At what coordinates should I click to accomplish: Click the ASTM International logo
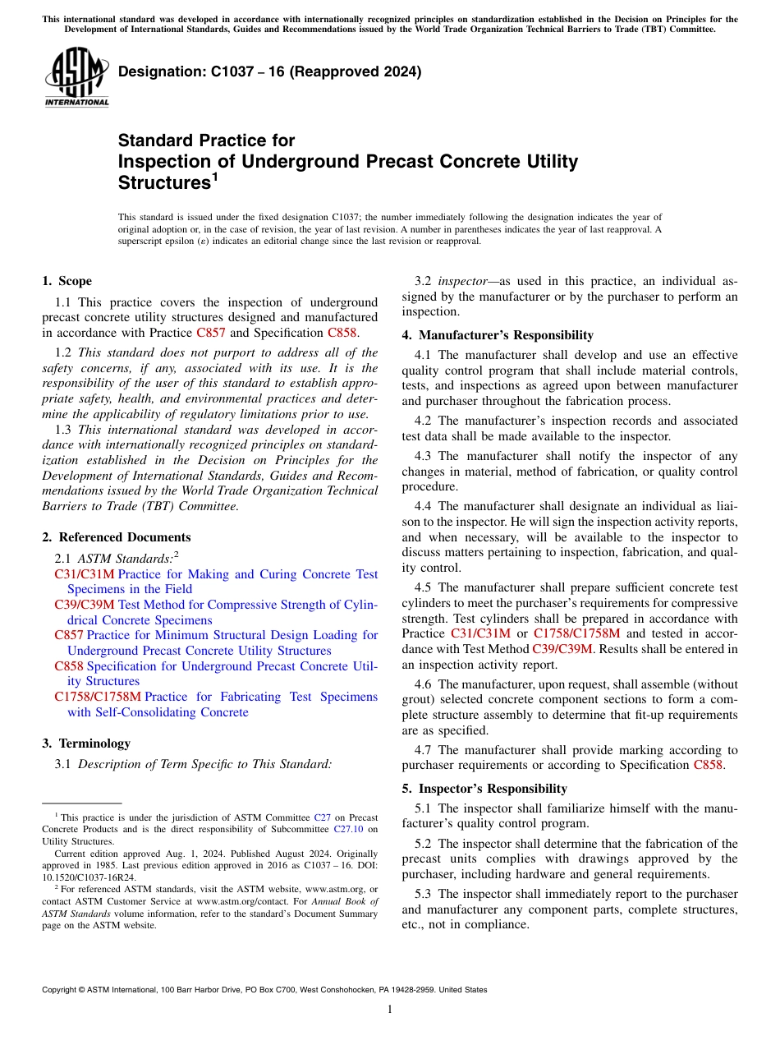76,76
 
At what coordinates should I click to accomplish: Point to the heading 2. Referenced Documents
116,537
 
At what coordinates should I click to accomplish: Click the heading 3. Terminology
85,743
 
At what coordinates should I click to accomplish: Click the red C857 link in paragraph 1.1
211,333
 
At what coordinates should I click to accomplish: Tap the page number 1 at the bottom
389,1010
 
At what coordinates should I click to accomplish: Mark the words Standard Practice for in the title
206,140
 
